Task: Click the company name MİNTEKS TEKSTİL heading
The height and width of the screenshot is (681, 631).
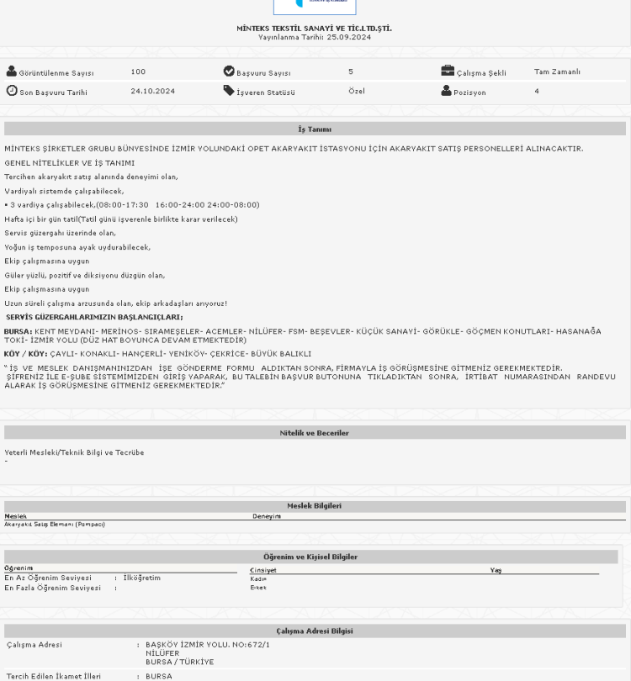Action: click(x=314, y=29)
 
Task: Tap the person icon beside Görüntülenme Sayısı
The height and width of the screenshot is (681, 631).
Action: click(x=12, y=72)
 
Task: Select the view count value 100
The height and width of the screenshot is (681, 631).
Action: click(x=138, y=72)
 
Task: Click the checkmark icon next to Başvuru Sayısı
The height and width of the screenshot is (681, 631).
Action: click(x=229, y=72)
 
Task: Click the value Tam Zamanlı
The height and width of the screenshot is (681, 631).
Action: click(x=556, y=72)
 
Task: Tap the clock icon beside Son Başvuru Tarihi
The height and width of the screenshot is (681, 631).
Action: click(x=12, y=92)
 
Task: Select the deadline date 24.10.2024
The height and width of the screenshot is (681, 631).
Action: click(x=152, y=92)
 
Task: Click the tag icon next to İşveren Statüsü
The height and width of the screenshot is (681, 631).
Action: click(x=229, y=92)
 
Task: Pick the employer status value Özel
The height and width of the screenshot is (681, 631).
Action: click(x=357, y=92)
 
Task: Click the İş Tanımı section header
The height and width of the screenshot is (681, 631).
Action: click(x=315, y=129)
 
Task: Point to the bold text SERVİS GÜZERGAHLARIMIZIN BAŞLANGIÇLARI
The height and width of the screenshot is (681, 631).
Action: click(x=94, y=317)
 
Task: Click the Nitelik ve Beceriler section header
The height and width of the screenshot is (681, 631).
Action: click(x=315, y=433)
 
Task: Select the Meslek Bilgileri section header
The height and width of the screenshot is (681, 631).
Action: click(x=314, y=506)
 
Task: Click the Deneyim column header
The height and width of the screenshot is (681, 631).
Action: click(x=267, y=516)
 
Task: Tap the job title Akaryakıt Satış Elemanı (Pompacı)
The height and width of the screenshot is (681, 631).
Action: click(x=55, y=525)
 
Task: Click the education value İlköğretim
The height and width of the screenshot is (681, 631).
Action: click(x=141, y=578)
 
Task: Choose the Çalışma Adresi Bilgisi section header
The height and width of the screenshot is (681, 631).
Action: click(x=315, y=631)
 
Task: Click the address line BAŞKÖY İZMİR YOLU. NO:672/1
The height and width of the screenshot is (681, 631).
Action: click(x=208, y=645)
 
